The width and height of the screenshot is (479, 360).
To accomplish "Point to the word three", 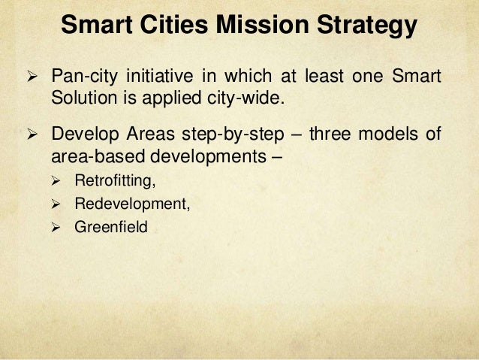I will (331, 136).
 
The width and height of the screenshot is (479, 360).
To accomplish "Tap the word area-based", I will (93, 156).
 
